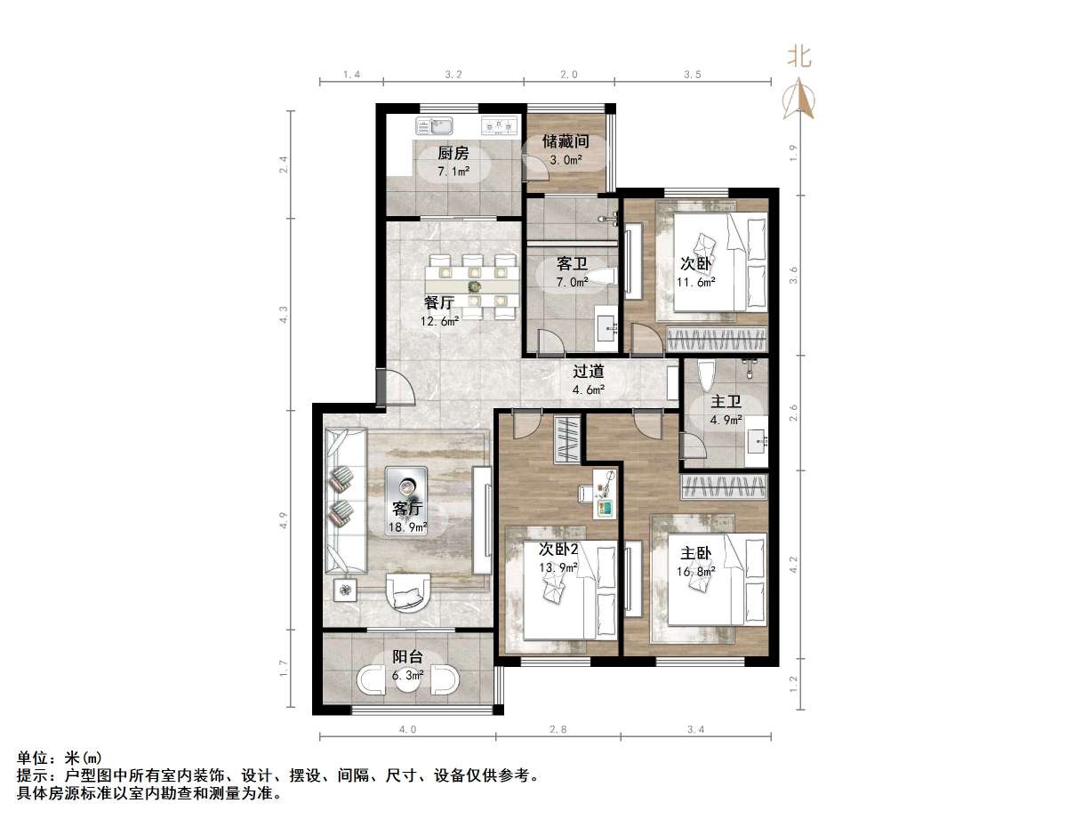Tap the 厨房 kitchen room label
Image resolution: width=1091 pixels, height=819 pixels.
[453, 153]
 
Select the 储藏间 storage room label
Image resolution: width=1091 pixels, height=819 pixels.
[566, 141]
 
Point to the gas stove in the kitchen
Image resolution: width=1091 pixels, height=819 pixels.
[499, 126]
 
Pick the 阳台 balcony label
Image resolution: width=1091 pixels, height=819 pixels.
[408, 657]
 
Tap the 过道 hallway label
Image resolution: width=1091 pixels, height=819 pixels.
[588, 372]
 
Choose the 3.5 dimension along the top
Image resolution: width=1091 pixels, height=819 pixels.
[692, 75]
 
